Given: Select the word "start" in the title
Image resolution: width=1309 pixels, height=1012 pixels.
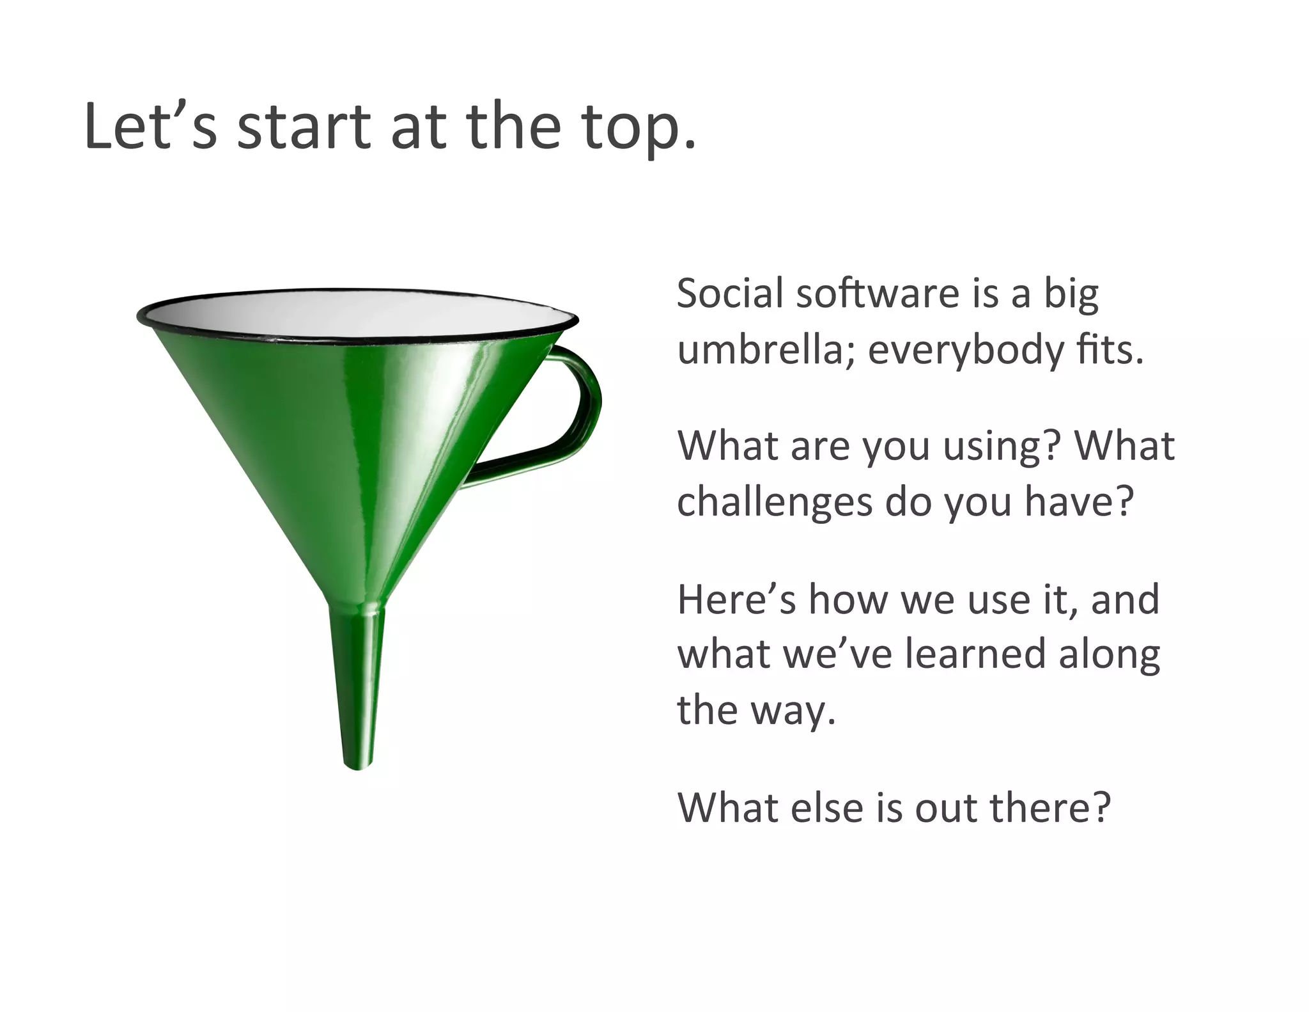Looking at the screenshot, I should (x=304, y=127).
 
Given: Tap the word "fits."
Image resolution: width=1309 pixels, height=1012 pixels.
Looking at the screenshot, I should (x=1109, y=351).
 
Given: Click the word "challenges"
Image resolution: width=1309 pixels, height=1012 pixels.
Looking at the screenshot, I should (x=774, y=503).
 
